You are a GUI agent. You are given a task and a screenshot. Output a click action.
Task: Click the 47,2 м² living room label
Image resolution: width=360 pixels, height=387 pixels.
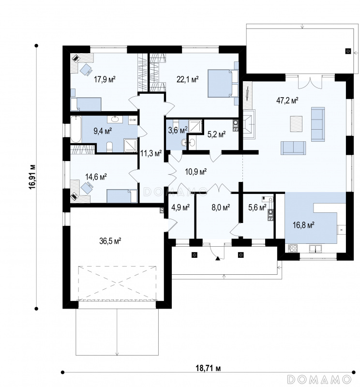pos(287,101)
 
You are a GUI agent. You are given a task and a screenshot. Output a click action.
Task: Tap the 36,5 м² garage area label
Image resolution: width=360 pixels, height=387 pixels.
pos(110,240)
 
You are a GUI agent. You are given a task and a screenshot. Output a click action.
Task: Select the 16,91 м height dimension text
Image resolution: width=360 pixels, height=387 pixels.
pos(32,177)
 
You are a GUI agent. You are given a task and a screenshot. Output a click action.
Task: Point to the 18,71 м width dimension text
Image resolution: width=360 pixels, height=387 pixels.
pos(208,368)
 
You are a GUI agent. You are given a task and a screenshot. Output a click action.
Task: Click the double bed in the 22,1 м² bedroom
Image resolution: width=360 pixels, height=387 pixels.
pos(223,83)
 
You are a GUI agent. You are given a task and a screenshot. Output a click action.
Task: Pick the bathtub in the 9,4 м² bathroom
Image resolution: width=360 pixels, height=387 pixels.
pos(76,129)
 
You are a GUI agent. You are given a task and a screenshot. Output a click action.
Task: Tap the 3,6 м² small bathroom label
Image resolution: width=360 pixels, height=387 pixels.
pos(178,130)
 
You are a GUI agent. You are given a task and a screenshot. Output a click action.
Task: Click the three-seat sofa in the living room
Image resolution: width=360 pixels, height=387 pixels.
pos(318,124)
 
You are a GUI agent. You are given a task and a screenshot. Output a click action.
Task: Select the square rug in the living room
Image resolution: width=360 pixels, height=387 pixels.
pos(296,124)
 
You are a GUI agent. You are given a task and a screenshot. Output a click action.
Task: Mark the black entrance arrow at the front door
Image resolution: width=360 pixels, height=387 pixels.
pos(218,258)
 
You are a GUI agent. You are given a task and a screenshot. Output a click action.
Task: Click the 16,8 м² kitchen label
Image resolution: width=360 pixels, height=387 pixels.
pos(303,225)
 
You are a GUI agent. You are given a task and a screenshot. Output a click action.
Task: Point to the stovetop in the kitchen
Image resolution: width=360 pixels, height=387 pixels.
pos(293,248)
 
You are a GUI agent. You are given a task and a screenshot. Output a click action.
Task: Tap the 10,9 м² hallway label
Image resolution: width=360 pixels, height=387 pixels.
pos(196,171)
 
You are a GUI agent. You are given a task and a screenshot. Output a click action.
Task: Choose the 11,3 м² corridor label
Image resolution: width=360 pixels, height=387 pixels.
pos(151,153)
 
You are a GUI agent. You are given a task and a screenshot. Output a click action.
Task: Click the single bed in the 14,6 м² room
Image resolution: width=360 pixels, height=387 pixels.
pos(122,196)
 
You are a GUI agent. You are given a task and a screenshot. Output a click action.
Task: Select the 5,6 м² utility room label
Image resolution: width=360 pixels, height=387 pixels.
pos(257,208)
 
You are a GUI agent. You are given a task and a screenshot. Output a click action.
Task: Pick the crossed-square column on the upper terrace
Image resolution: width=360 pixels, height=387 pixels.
pos(348,51)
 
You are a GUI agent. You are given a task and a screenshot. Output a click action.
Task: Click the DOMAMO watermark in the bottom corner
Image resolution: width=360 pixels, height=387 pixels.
pos(319,379)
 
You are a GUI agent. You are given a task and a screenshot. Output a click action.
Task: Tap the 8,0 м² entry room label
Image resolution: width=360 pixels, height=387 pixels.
pos(221,208)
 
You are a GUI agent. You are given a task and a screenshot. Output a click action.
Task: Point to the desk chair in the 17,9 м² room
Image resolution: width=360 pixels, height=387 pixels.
pos(86,69)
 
